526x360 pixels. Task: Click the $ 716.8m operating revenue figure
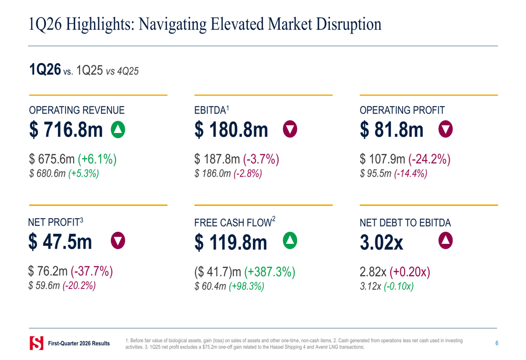tap(66, 130)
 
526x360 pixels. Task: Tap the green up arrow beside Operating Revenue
tap(118, 129)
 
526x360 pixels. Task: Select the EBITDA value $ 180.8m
tap(231, 130)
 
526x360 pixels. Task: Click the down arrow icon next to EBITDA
tap(290, 129)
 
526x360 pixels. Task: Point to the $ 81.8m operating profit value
tap(392, 130)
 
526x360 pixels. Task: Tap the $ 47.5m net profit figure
tap(60, 242)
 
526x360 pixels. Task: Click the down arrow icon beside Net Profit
tap(118, 241)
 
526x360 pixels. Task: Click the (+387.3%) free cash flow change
tap(270, 272)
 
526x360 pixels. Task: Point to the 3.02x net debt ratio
tap(381, 243)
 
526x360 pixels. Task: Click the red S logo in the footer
tap(36, 343)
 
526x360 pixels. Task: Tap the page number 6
tap(497, 343)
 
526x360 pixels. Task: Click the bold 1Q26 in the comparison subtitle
tap(45, 70)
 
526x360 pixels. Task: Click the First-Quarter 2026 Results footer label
tap(79, 344)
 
